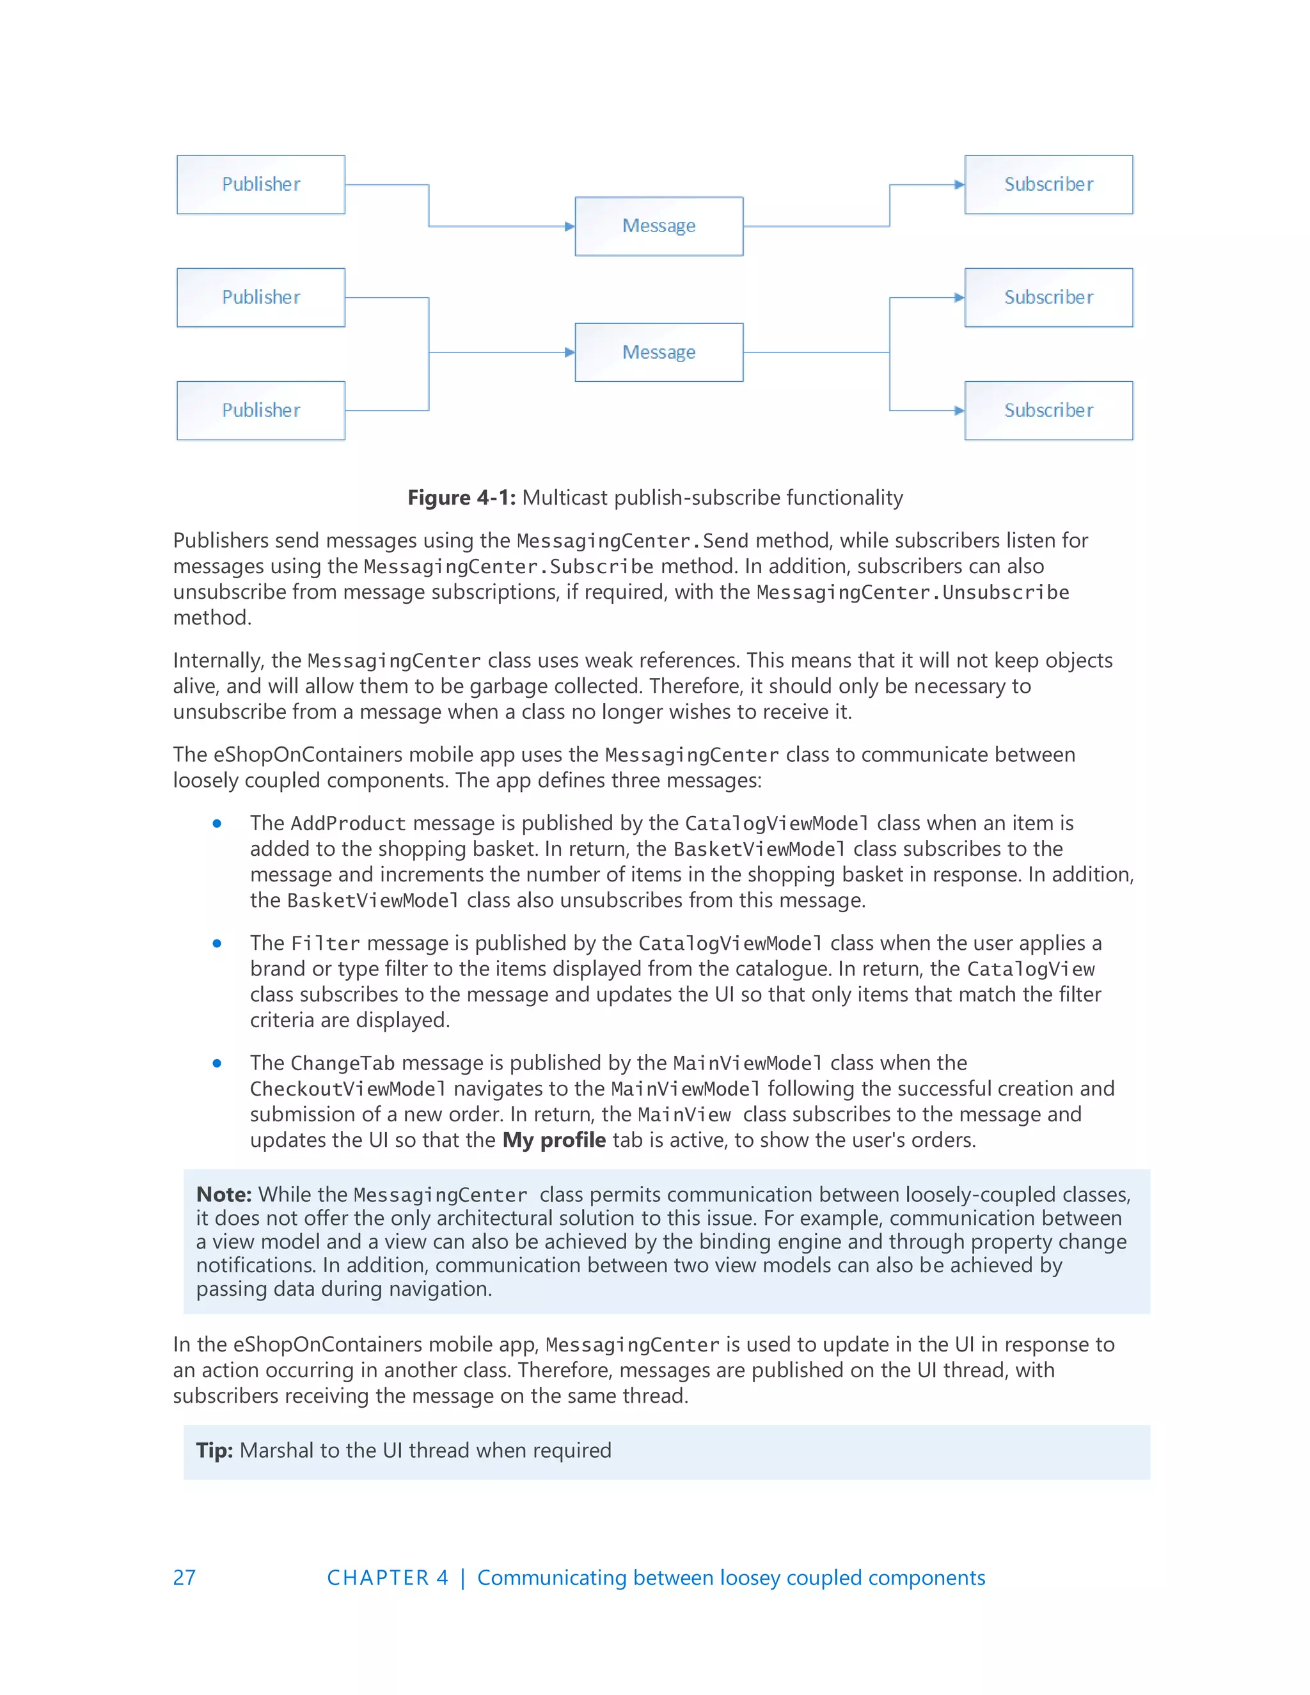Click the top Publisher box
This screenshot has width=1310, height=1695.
[261, 185]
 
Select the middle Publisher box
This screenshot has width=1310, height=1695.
[261, 297]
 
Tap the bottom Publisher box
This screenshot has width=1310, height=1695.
[261, 411]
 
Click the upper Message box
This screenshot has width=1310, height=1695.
[659, 226]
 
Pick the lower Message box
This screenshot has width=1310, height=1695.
[659, 352]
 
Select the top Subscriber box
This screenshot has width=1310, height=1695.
[1048, 185]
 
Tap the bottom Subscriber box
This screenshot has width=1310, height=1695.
[1048, 411]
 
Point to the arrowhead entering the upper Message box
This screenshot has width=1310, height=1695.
[570, 226]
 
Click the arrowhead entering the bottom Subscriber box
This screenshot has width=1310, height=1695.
[959, 411]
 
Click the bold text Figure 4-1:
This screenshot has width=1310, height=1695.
[462, 498]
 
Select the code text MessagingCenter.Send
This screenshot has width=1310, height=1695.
[633, 541]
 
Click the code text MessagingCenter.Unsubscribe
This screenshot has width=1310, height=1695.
[913, 593]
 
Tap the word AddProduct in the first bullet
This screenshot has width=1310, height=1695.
[348, 823]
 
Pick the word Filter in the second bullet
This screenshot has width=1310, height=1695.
[325, 943]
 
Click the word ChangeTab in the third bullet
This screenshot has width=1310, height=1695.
[342, 1063]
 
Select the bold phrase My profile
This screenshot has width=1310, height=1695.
[554, 1140]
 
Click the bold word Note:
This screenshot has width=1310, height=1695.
[223, 1194]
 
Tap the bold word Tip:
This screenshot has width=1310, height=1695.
[214, 1451]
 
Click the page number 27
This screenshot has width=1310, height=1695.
[185, 1578]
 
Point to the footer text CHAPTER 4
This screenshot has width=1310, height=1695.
[387, 1578]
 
